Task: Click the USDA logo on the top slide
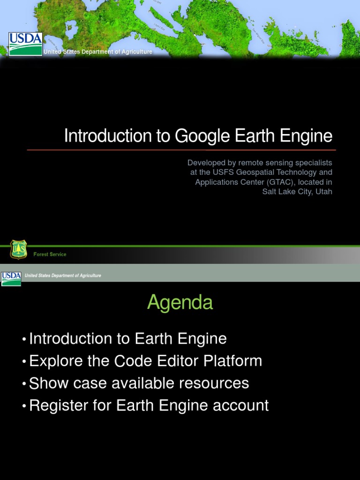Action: tap(25, 44)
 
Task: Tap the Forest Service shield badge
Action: tap(18, 249)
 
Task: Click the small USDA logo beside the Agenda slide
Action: tap(11, 278)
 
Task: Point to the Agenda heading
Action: tap(180, 303)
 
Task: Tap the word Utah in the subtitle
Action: tap(324, 191)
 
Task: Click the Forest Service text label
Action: tap(50, 255)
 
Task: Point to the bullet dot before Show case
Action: tap(24, 384)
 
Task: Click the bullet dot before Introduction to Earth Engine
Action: tap(24, 339)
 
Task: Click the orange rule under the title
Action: tap(181, 150)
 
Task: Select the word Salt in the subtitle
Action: tap(270, 191)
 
